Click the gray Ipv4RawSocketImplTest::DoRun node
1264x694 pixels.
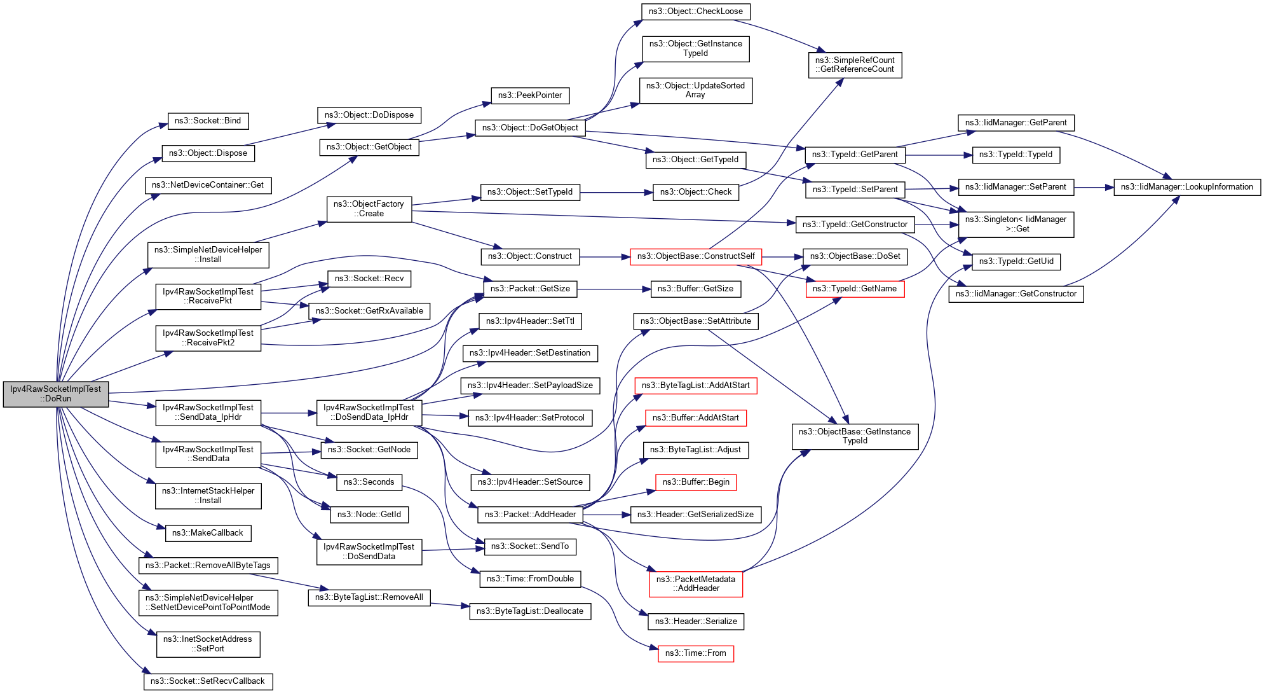tap(55, 394)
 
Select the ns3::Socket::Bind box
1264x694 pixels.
tap(208, 121)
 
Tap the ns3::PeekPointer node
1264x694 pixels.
tap(530, 95)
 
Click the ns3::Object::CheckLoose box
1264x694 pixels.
tap(696, 11)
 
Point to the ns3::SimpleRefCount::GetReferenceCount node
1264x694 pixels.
tap(855, 65)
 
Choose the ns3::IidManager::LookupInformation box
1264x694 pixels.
tap(1186, 187)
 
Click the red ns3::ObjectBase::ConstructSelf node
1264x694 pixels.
tap(695, 256)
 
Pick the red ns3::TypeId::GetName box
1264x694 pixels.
tap(854, 289)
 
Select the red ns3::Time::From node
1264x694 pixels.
tap(695, 653)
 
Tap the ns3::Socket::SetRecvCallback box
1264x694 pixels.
tap(208, 681)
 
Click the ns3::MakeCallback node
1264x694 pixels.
tap(208, 533)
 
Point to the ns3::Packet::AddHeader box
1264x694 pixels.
tap(530, 515)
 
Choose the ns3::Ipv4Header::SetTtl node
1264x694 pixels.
tap(530, 321)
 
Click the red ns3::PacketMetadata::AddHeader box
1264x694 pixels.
tap(695, 584)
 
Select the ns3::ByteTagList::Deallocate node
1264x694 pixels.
tap(530, 611)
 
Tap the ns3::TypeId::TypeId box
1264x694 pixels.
tap(1016, 155)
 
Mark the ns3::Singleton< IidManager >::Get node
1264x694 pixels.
tap(1016, 224)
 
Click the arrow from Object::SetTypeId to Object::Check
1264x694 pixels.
tap(616, 192)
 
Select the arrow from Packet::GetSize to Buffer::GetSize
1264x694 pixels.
tap(614, 289)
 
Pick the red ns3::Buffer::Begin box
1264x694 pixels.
tap(696, 482)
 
